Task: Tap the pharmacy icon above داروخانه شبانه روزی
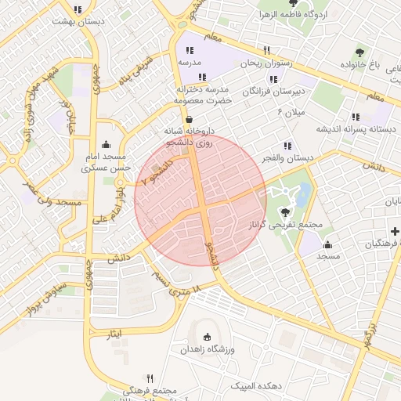click(189, 118)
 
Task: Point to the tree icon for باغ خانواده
click(359, 53)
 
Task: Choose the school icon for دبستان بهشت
click(77, 9)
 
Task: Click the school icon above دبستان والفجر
click(288, 145)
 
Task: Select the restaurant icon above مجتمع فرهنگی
click(150, 378)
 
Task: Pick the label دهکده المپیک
click(256, 386)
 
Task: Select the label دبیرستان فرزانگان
click(273, 92)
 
